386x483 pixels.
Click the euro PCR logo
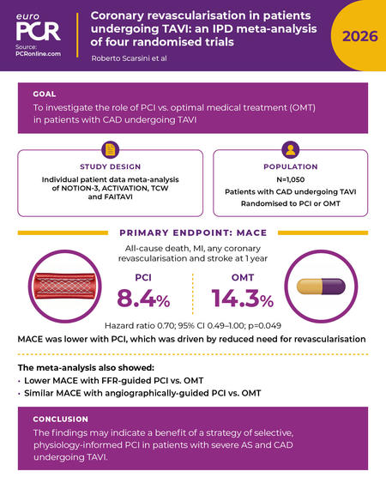39,27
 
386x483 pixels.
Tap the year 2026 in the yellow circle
359,36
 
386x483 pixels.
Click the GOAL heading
45,94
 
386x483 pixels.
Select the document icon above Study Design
110,149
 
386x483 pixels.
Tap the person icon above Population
291,149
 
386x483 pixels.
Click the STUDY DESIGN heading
111,166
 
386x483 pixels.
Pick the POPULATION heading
291,166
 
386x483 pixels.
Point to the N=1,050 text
291,179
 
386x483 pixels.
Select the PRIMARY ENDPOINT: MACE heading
193,232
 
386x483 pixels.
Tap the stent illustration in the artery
64,287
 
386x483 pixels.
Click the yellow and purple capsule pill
321,287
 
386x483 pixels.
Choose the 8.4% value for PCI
143,299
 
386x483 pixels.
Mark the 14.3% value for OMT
243,299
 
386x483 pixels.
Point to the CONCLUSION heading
61,420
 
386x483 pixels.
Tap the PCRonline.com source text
39,53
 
